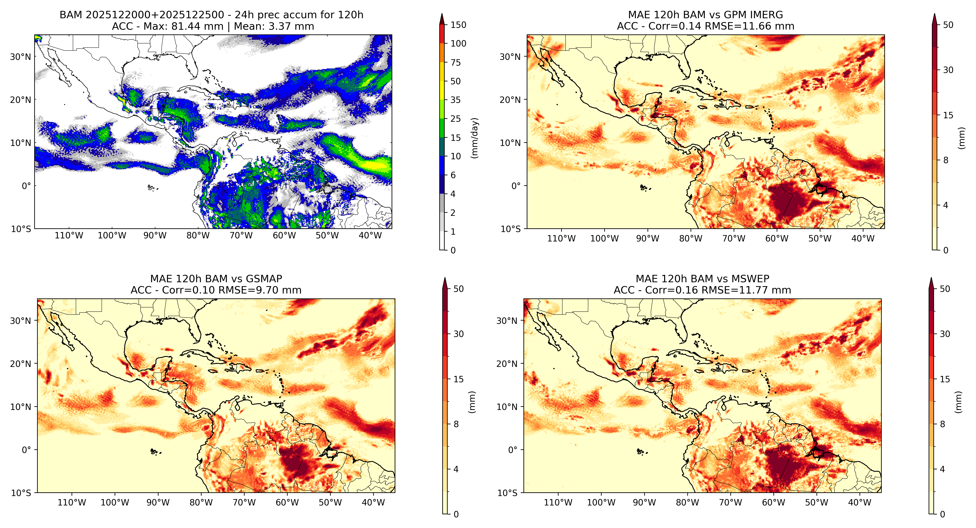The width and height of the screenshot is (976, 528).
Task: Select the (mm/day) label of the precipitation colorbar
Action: [474, 138]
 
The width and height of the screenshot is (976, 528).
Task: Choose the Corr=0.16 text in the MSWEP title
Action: [671, 290]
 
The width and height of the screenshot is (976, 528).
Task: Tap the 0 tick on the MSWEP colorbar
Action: [942, 514]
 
